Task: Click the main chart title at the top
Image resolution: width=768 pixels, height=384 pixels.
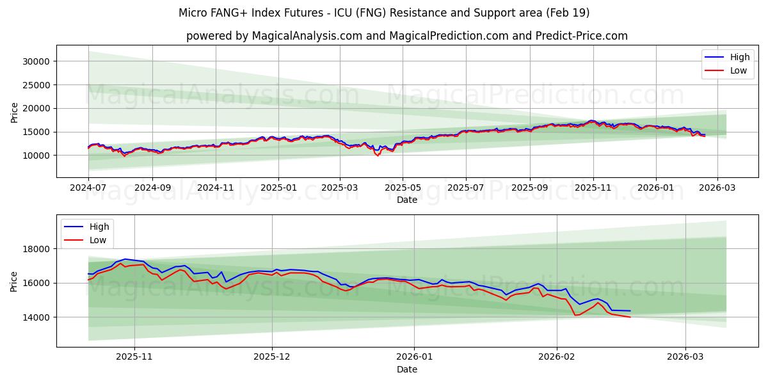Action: click(384, 13)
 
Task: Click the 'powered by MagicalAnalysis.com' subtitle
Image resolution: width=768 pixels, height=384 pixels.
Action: click(406, 36)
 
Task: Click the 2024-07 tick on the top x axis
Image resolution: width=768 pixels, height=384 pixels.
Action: click(88, 188)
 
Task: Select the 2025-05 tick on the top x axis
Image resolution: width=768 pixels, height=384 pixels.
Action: click(403, 188)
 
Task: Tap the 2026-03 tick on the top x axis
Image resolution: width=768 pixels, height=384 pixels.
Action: click(717, 188)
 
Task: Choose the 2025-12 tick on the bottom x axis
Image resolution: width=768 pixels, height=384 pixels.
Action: click(272, 357)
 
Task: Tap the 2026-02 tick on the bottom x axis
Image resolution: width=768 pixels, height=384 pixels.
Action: click(557, 357)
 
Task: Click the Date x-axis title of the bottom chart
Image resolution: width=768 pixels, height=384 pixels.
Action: click(406, 369)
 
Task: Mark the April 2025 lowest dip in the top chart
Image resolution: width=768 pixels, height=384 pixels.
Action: click(378, 155)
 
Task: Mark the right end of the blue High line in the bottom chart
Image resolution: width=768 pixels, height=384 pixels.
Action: click(630, 311)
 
